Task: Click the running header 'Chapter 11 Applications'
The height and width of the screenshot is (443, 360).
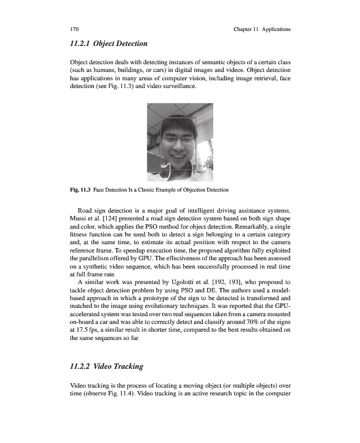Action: click(x=263, y=29)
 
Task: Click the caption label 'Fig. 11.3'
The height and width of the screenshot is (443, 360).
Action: click(x=80, y=190)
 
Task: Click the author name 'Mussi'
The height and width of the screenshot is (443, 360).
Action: click(x=81, y=219)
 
